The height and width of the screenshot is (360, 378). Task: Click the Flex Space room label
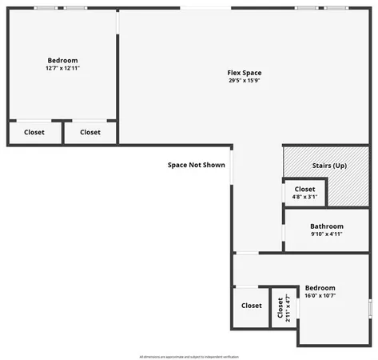tap(244, 73)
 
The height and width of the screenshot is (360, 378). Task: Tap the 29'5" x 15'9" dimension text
tap(244, 81)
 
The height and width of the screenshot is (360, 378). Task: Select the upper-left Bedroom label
tap(62, 61)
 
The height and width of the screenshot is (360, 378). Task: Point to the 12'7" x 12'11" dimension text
tap(62, 69)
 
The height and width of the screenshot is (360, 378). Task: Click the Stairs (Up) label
tap(328, 165)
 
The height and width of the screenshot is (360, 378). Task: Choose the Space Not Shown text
tap(196, 165)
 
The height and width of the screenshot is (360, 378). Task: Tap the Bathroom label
tap(327, 226)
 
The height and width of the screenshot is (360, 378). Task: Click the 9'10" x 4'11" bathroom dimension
tap(327, 234)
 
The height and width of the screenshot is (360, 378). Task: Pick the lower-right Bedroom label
tap(320, 288)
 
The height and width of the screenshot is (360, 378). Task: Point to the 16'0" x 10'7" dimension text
tap(320, 296)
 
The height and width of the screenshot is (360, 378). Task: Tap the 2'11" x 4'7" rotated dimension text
tap(288, 308)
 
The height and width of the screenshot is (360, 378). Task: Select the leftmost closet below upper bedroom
tap(34, 133)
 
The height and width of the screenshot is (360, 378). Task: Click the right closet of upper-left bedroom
tap(90, 133)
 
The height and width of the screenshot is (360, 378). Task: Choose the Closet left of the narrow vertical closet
tap(251, 306)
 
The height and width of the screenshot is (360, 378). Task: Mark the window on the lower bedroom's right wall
tap(369, 308)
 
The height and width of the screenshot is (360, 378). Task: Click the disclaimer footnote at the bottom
tap(189, 356)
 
